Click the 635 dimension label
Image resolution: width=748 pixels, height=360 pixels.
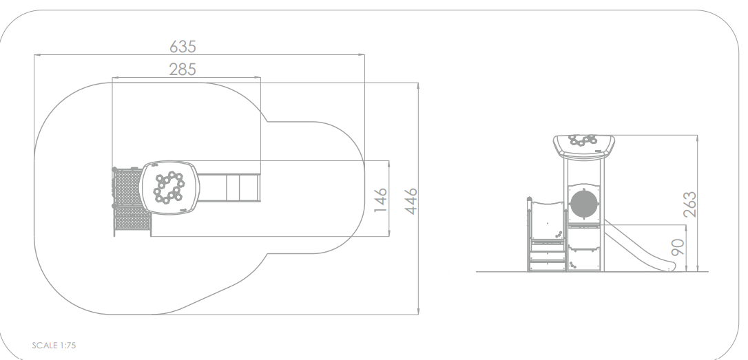tap(183, 46)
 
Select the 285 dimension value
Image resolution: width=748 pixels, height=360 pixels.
tap(183, 70)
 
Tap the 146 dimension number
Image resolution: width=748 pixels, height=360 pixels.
tap(380, 200)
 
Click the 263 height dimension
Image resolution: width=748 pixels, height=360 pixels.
tap(689, 204)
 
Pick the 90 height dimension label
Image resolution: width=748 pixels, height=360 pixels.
tap(677, 246)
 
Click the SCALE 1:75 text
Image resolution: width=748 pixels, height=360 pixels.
tap(54, 346)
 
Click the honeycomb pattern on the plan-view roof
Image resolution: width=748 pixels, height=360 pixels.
tap(169, 187)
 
